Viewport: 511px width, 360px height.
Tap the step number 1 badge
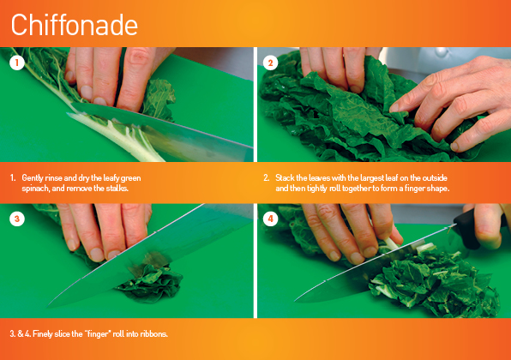point(16,63)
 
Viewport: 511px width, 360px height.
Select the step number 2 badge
point(271,63)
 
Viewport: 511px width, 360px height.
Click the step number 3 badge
point(16,219)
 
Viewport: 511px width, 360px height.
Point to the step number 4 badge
point(271,219)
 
